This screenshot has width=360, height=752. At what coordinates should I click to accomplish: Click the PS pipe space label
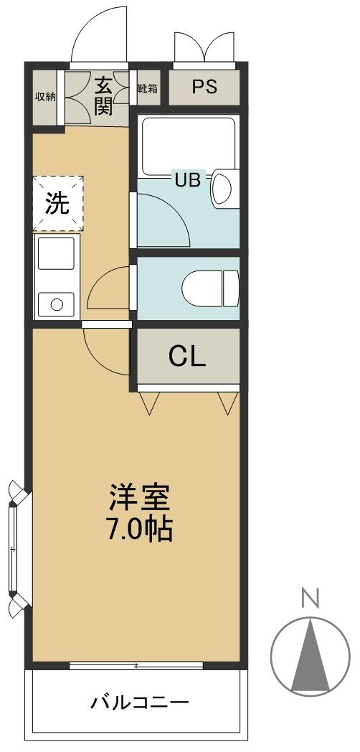pos(204,87)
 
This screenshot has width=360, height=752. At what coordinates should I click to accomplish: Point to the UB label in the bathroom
pos(189,179)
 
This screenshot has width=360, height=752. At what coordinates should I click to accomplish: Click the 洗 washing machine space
pos(57,204)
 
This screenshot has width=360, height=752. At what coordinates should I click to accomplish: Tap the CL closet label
pos(187,356)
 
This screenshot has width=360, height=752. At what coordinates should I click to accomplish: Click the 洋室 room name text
pos(139,498)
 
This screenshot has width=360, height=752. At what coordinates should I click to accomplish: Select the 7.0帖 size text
pos(139,531)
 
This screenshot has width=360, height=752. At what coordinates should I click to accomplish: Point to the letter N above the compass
pos(309,598)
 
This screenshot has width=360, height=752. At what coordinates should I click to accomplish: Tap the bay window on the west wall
pos(14,549)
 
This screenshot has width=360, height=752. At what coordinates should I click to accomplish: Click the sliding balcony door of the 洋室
pos(136,666)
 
